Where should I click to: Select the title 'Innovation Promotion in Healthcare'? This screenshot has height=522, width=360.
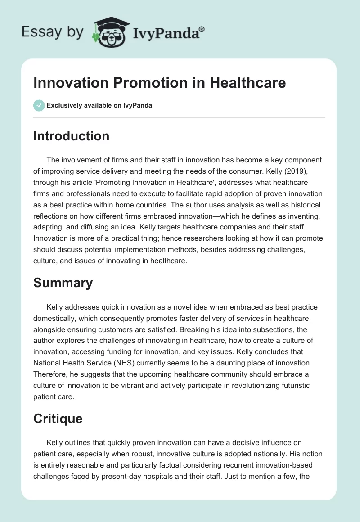click(159, 83)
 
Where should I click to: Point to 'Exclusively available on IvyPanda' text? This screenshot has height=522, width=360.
click(99, 106)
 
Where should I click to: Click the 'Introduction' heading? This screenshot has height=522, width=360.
click(71, 136)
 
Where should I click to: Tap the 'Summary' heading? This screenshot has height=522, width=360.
click(63, 282)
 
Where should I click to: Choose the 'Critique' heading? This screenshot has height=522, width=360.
click(58, 418)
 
